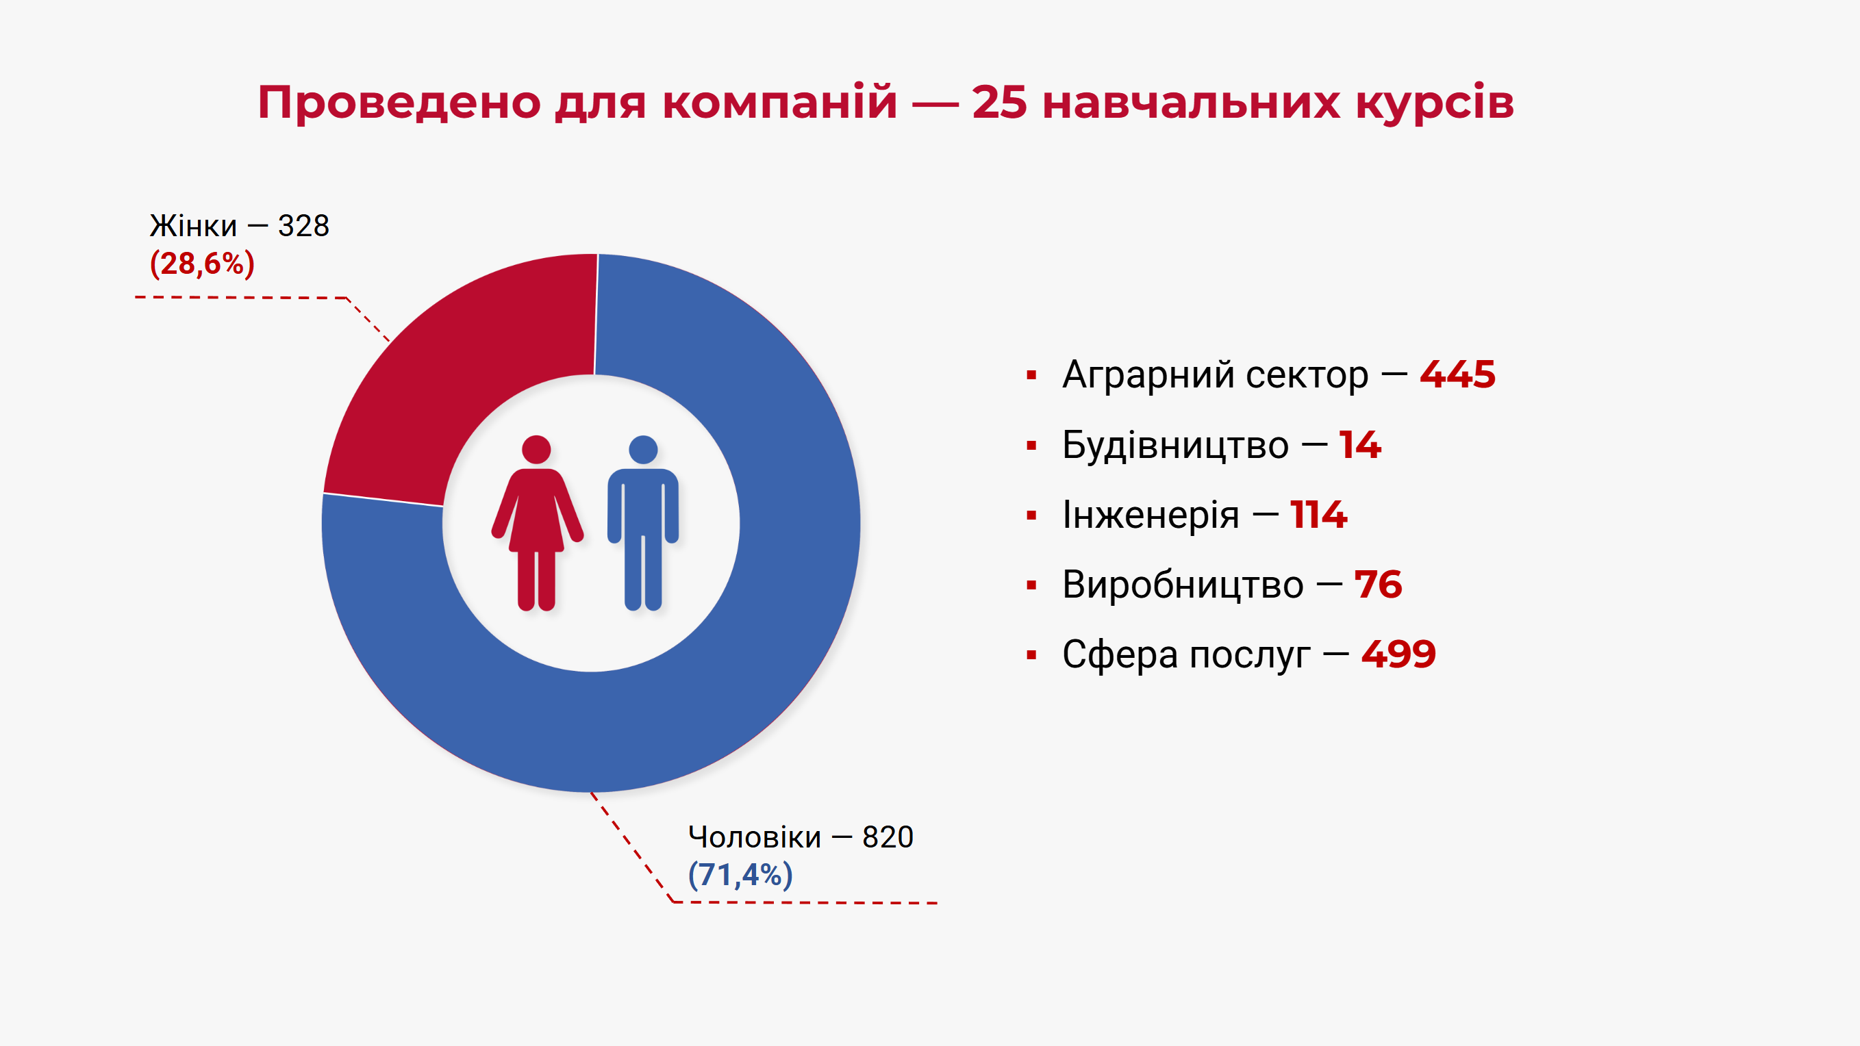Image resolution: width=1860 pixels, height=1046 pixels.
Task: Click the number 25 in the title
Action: (x=998, y=102)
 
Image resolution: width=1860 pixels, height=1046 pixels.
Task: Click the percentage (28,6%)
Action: (x=202, y=264)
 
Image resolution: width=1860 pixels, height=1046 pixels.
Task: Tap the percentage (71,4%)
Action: (x=740, y=875)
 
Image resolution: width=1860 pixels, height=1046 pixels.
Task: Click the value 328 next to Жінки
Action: (x=303, y=226)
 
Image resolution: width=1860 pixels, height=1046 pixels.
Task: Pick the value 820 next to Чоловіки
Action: (x=888, y=837)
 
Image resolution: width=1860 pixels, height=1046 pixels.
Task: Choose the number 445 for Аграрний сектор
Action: (x=1457, y=374)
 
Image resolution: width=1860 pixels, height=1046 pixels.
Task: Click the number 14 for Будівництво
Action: (x=1359, y=445)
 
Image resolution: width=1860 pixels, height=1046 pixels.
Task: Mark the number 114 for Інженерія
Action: (x=1318, y=515)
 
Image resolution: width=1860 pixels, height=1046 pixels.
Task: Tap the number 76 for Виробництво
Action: (x=1378, y=585)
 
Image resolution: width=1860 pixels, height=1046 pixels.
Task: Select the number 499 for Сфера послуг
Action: (x=1398, y=654)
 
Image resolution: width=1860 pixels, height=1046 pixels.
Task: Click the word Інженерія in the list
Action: (x=1151, y=515)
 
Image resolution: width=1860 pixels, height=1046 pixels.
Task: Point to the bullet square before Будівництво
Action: (x=1031, y=446)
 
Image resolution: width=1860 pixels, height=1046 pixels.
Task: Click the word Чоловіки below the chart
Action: (x=755, y=837)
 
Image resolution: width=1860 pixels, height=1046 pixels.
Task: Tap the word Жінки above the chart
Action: (x=193, y=226)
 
